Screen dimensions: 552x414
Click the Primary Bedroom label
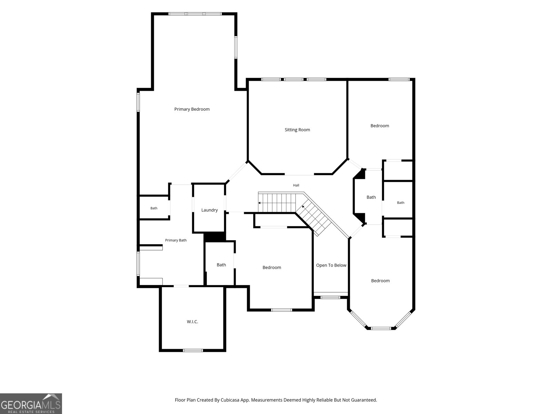[x=192, y=109]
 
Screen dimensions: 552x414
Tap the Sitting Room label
[x=297, y=130]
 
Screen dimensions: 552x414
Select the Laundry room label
[x=209, y=210]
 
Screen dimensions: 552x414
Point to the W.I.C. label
[x=193, y=322]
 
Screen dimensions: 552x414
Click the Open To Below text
[x=331, y=265]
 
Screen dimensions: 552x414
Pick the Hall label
[x=296, y=185]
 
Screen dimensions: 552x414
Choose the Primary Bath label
[x=176, y=240]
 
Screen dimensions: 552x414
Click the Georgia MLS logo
[x=31, y=403]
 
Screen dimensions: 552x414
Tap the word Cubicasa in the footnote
[x=230, y=400]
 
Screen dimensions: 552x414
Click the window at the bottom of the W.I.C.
[x=193, y=351]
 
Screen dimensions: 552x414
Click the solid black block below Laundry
[x=215, y=237]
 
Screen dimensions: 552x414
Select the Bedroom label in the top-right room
[x=379, y=126]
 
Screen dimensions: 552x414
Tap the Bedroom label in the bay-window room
[x=380, y=280]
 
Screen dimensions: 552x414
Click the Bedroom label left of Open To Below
[x=272, y=267]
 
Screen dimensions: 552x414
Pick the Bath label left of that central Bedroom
[x=221, y=265]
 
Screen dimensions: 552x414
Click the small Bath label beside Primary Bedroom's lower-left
[x=154, y=208]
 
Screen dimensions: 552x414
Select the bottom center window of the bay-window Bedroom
[x=381, y=328]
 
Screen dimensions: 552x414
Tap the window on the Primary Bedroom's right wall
[x=236, y=48]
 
